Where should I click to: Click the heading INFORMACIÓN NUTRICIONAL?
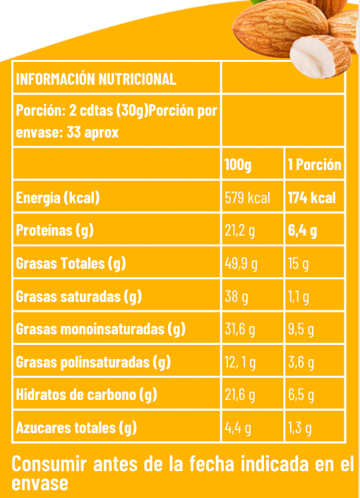(x=96, y=78)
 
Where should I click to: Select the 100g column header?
(x=239, y=166)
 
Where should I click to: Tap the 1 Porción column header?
(x=314, y=166)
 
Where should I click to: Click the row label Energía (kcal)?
(x=58, y=198)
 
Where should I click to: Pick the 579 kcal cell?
(x=247, y=198)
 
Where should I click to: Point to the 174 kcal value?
(x=311, y=198)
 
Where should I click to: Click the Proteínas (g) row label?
(x=55, y=231)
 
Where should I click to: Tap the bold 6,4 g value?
(x=302, y=231)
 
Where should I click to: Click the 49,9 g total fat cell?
(x=241, y=264)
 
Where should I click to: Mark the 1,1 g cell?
(x=298, y=297)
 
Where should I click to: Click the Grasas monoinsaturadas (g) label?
(x=100, y=329)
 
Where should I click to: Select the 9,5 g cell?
(x=301, y=329)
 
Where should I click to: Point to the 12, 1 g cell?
(x=240, y=363)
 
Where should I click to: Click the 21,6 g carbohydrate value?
(x=240, y=395)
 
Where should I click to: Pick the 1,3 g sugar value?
(x=300, y=427)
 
